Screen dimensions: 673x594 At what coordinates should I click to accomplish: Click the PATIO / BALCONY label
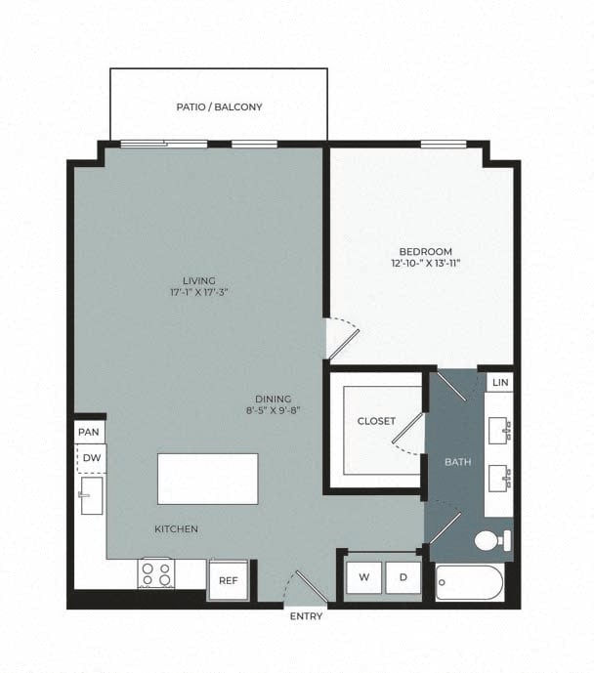(x=219, y=106)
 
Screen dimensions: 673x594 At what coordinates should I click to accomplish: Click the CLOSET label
(x=376, y=421)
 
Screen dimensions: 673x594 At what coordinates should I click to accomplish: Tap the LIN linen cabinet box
(x=500, y=382)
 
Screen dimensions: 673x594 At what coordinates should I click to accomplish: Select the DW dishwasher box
(x=91, y=457)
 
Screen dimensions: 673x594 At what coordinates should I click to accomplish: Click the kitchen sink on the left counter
(x=92, y=495)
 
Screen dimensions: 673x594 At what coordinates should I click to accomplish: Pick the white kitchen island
(x=208, y=478)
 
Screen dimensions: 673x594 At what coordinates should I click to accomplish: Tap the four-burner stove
(x=155, y=572)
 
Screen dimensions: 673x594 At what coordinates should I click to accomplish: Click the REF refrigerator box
(x=228, y=579)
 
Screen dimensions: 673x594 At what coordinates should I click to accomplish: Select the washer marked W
(x=364, y=577)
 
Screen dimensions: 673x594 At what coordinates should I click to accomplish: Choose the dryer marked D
(x=403, y=577)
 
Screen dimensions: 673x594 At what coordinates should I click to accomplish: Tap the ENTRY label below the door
(x=306, y=616)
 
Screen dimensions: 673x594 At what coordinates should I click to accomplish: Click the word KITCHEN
(x=176, y=529)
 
